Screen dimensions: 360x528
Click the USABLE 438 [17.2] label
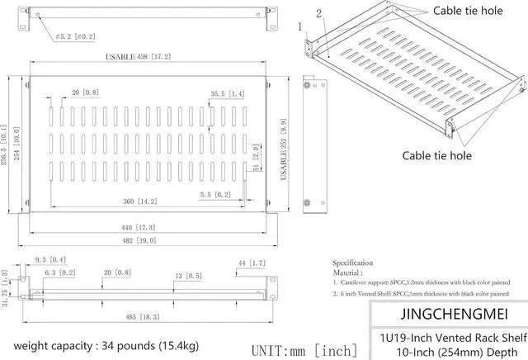[138, 57]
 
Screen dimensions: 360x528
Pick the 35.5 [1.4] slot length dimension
[228, 93]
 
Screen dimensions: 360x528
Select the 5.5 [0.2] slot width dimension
[215, 194]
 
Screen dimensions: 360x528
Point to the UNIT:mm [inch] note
[304, 349]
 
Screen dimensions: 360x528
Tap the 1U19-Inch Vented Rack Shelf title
[447, 337]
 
